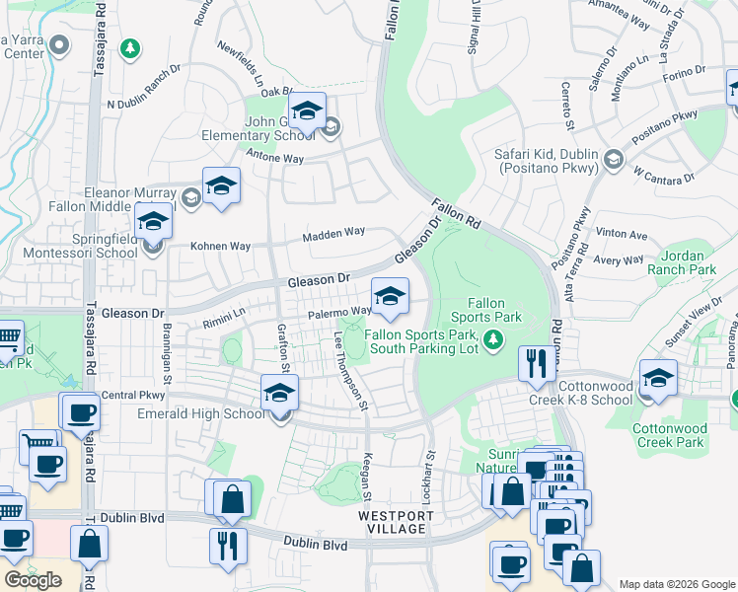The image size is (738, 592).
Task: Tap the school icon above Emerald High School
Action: point(280,393)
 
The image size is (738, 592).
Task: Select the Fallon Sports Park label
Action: point(485,311)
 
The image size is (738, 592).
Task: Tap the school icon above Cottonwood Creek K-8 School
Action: point(658,378)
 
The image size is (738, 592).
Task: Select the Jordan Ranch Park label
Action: point(682,261)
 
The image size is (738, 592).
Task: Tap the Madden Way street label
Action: point(333,233)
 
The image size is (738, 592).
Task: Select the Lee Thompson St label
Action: point(351,370)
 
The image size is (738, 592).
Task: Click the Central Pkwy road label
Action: point(132,395)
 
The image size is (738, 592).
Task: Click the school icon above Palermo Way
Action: point(390,296)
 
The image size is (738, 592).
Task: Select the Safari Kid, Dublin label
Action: point(550,162)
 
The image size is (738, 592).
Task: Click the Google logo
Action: point(34,579)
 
